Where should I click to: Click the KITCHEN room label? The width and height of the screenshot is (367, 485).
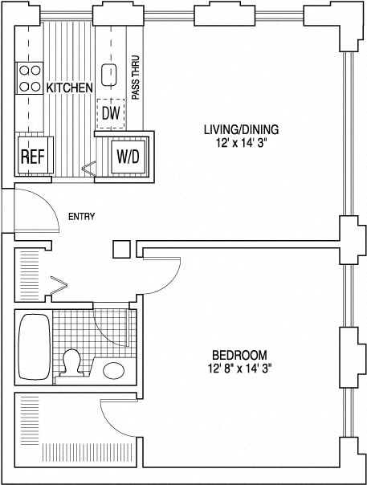(69, 88)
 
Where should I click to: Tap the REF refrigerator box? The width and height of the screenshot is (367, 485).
(31, 156)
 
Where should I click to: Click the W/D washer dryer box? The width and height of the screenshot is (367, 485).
(128, 156)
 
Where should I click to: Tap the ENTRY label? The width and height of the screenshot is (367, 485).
(81, 216)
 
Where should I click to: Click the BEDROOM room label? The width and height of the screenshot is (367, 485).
(239, 355)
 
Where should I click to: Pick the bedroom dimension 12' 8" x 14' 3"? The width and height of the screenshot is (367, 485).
(239, 369)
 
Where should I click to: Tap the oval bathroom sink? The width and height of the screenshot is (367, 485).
(114, 370)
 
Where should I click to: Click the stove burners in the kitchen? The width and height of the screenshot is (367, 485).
(30, 77)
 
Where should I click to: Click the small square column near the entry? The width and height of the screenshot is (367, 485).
(121, 249)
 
